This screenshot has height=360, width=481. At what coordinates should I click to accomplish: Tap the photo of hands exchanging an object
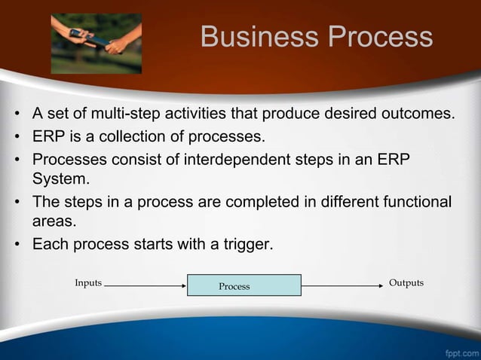pos(96,43)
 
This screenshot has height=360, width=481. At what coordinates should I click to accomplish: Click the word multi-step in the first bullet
pos(120,114)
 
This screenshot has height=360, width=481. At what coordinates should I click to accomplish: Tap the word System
pos(55,180)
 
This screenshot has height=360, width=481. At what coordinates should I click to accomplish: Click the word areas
pos(50,222)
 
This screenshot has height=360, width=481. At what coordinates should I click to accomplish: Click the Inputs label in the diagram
pos(88,283)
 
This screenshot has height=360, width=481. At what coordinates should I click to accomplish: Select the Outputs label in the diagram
pos(406,283)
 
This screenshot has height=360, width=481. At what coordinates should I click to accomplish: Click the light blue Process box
pos(244,285)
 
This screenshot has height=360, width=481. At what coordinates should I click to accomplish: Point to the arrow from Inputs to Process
pos(145,285)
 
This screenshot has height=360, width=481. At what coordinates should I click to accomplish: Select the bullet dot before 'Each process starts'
pos(15,244)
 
